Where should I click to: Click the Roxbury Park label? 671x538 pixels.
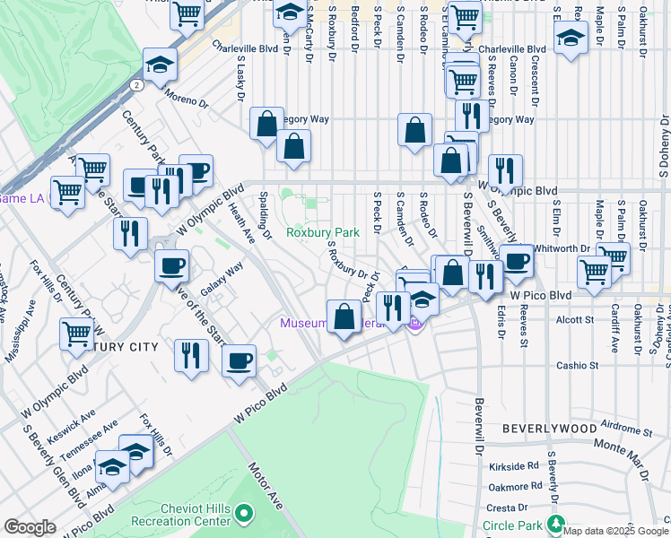(x=322, y=232)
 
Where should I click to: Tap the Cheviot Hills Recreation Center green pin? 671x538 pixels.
(x=244, y=515)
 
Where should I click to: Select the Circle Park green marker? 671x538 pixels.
(x=557, y=525)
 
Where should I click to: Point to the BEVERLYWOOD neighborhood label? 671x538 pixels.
(x=548, y=430)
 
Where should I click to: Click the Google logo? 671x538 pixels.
(x=30, y=527)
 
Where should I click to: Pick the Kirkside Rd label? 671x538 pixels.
(x=514, y=466)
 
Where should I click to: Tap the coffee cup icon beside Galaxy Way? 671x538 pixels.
(x=172, y=265)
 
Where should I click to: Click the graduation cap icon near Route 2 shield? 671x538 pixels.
(x=159, y=66)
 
